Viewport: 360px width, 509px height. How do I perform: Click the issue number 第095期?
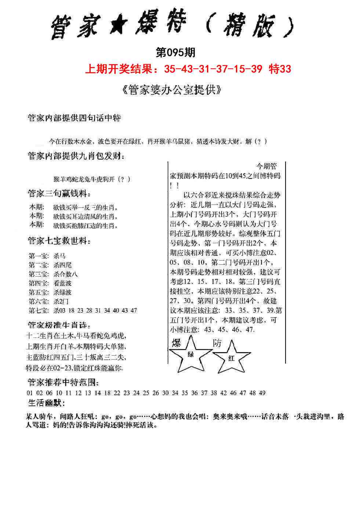click(175, 53)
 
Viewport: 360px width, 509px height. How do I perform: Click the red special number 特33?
click(280, 69)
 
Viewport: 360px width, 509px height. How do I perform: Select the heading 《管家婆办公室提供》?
click(171, 90)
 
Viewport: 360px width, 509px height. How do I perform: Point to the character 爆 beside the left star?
click(177, 343)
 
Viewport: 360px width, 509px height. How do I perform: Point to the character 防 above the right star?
click(217, 343)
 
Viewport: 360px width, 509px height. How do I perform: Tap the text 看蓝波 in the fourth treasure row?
click(62, 283)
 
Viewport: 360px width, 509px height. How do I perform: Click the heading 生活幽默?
click(47, 403)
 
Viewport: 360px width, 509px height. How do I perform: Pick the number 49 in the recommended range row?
click(262, 393)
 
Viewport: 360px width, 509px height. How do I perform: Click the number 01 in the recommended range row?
click(30, 393)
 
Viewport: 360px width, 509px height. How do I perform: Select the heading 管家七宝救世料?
click(59, 241)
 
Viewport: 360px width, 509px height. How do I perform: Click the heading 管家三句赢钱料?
click(59, 194)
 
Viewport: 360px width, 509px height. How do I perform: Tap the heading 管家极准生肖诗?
click(59, 325)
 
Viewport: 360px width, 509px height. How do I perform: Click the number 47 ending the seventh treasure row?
click(134, 310)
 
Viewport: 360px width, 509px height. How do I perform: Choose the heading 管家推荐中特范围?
click(63, 382)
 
